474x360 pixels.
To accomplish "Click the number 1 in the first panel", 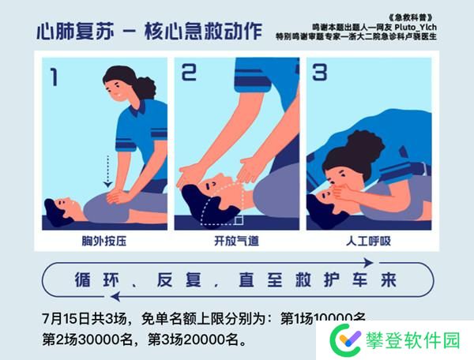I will coord(54,77).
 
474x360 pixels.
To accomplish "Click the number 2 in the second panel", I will coord(189,73).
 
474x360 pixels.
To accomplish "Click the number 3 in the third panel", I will coord(319,73).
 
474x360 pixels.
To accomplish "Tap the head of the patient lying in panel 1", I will coord(55,206).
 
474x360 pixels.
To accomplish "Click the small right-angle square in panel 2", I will coord(238,219).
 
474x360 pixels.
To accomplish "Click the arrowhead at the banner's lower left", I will coord(116,297).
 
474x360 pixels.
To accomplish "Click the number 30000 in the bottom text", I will coord(99,342).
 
